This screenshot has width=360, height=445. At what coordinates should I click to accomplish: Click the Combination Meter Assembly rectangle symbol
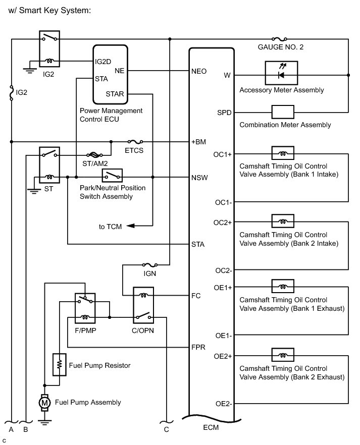[x=283, y=112]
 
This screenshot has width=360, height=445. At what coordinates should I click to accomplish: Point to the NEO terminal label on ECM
[x=199, y=71]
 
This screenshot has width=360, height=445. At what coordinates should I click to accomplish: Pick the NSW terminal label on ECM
[x=199, y=178]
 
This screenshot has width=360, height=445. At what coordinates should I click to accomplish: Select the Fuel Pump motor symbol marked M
[x=44, y=402]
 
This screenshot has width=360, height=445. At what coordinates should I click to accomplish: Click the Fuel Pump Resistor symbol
[x=59, y=364]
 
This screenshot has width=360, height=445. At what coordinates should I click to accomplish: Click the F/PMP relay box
[x=85, y=307]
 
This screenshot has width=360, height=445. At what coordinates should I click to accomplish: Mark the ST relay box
[x=49, y=165]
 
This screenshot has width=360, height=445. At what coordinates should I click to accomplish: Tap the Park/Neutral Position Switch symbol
[x=112, y=176]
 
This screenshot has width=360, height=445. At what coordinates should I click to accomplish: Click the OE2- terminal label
[x=223, y=403]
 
